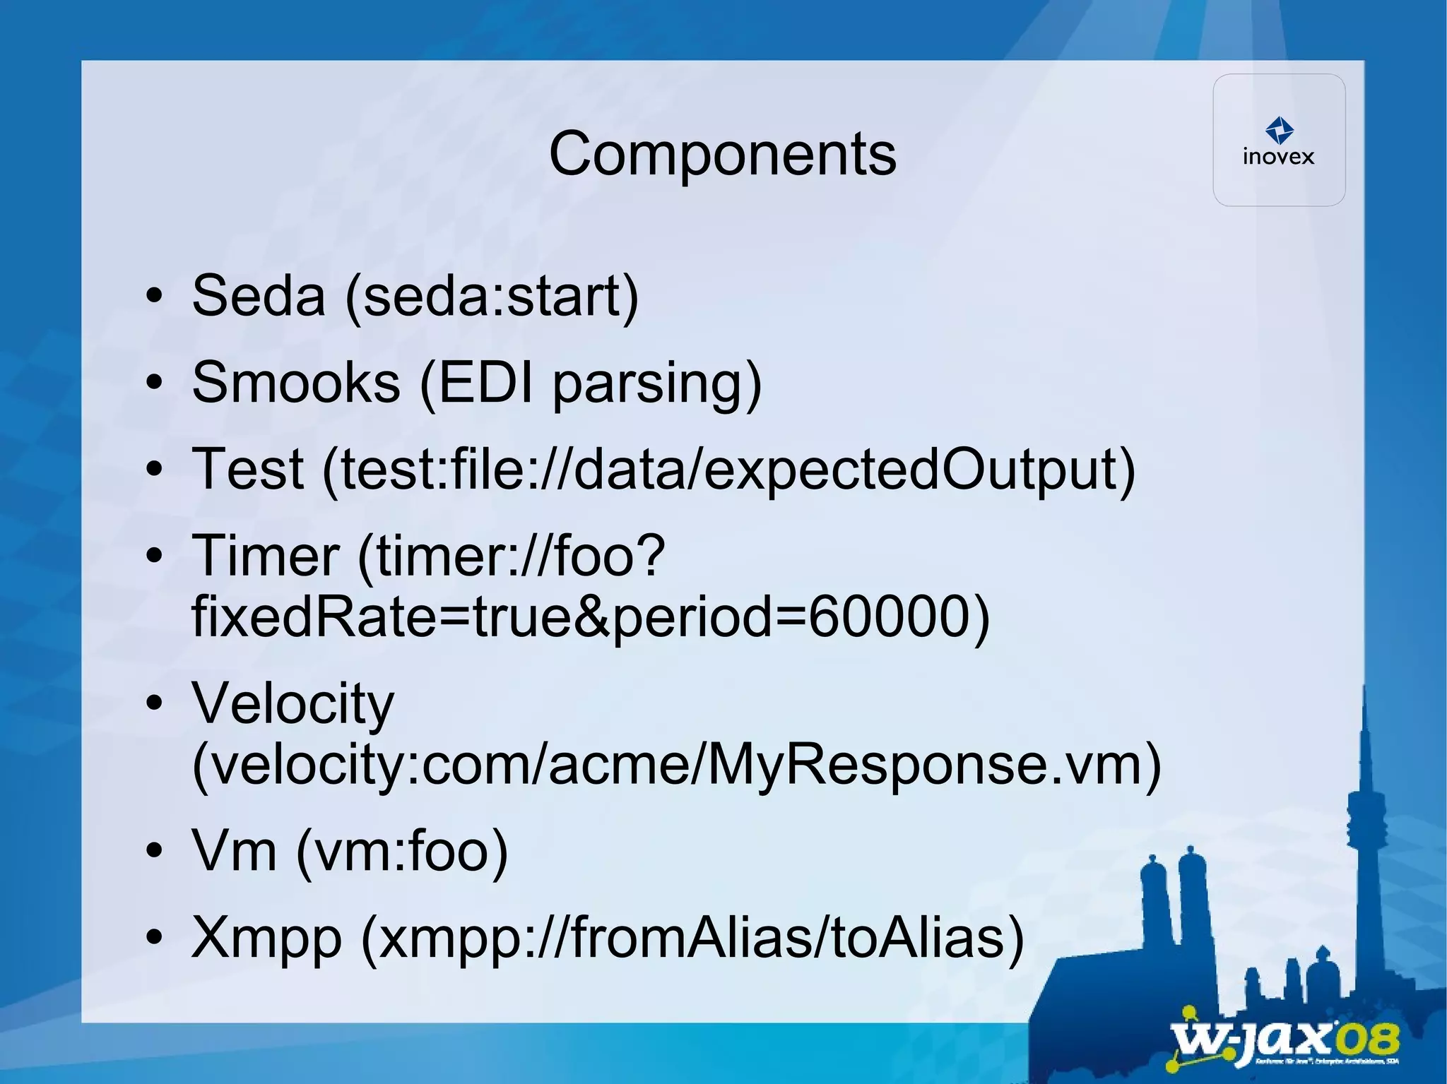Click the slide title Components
point(722,154)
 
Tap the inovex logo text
point(1278,157)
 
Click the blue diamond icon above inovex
point(1280,131)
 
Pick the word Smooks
point(296,383)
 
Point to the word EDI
point(485,383)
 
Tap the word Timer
point(266,556)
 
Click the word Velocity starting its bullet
point(293,703)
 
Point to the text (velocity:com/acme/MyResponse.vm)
point(676,765)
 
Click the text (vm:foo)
point(402,851)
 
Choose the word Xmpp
point(266,938)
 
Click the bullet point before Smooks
point(154,383)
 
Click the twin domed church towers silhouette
point(1173,897)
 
